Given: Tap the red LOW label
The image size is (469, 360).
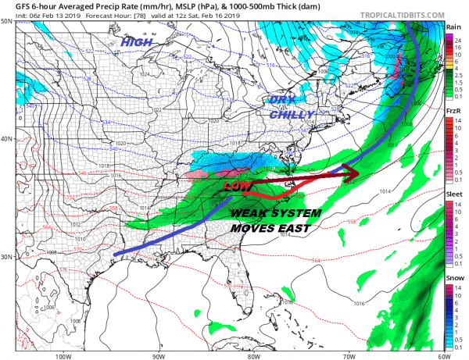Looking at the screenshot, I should point(238,187).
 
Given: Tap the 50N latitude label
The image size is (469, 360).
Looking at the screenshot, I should point(7,21).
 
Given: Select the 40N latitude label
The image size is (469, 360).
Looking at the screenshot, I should point(7,139).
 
